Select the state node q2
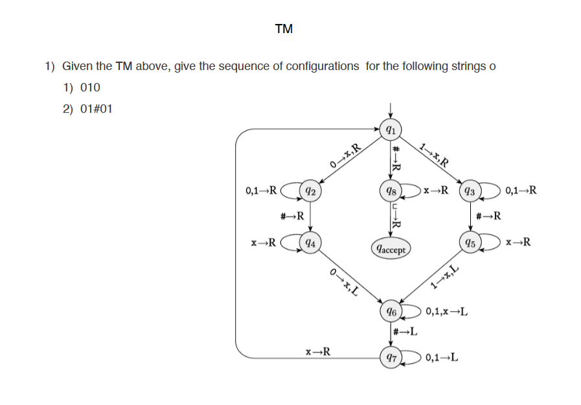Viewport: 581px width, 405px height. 311,191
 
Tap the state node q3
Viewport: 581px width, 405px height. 470,191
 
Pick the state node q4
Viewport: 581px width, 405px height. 311,244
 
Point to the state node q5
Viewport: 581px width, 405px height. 470,244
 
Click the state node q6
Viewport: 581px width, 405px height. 390,312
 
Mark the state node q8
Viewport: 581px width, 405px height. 390,191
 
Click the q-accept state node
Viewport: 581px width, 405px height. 390,248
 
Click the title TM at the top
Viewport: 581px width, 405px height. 283,29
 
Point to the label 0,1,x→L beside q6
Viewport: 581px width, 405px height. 448,312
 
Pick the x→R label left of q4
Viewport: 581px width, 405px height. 264,244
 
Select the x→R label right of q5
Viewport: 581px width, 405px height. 518,243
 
